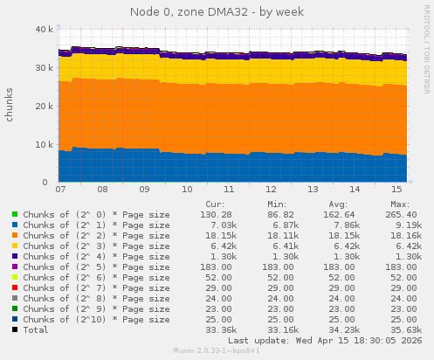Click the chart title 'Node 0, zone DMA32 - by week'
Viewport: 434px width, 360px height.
(217, 11)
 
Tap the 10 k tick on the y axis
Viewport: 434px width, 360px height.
(42, 144)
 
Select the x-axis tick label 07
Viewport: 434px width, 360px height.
(60, 189)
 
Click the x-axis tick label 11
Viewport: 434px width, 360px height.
(228, 189)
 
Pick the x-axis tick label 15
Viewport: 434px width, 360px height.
(396, 189)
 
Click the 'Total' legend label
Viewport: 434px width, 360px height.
(38, 329)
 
